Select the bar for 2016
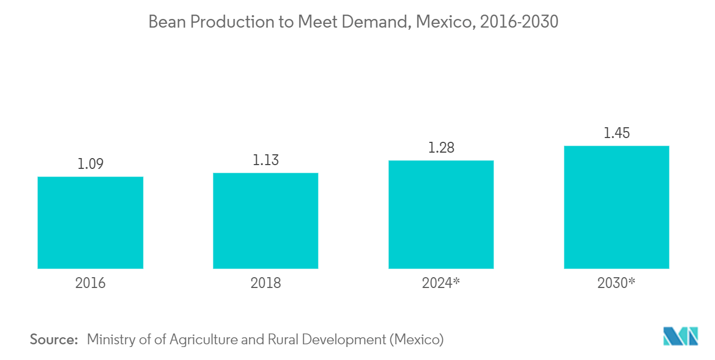90,222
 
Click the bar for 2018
265,221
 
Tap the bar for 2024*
441,214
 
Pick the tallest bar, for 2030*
616,207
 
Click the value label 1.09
90,164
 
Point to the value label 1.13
265,160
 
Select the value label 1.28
441,148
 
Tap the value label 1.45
616,133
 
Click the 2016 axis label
90,283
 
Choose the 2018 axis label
265,283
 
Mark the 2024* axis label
441,283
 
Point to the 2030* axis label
616,283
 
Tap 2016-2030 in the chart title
518,22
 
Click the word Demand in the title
379,22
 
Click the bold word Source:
54,339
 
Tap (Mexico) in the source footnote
415,339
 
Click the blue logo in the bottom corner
681,336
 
